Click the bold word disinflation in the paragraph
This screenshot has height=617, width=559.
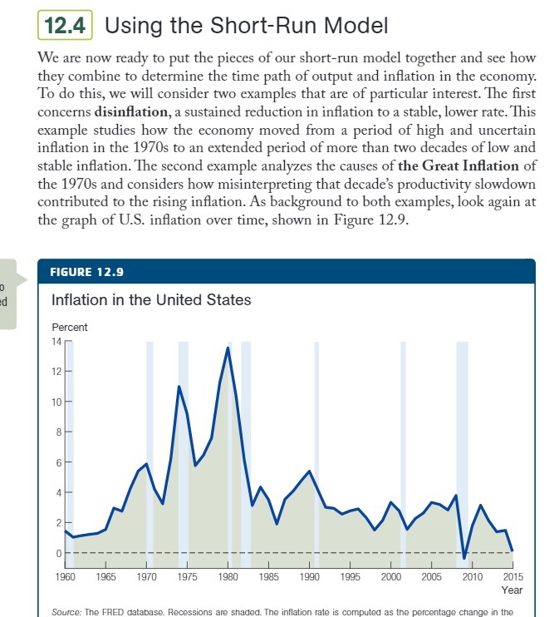(x=131, y=111)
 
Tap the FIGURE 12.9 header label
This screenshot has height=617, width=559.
(x=86, y=272)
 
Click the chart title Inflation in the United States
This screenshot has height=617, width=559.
(x=150, y=299)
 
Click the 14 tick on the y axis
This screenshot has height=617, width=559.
(x=56, y=341)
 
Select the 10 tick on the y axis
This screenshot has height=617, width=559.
(x=56, y=402)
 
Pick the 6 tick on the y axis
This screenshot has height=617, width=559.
(x=58, y=462)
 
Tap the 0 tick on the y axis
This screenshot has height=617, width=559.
(x=58, y=553)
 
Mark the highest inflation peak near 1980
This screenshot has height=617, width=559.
(x=228, y=348)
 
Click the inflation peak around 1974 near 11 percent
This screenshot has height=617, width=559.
(x=179, y=387)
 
